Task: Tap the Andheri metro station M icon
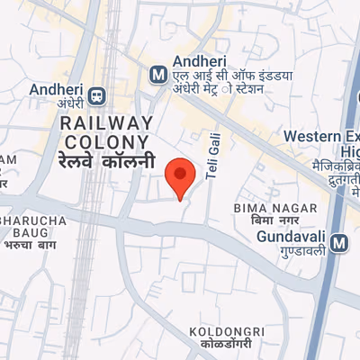point(158,73)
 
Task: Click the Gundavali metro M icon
point(339,242)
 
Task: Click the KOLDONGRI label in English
point(227,332)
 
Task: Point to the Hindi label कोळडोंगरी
point(227,345)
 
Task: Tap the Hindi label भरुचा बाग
point(31,244)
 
